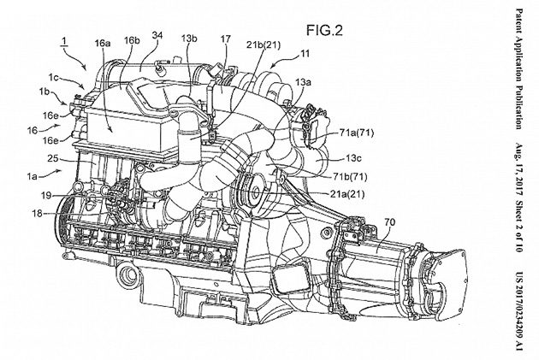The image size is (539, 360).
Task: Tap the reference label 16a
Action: tap(104, 41)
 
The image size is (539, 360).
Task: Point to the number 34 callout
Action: tap(157, 34)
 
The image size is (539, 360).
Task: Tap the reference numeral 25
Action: tap(54, 160)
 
